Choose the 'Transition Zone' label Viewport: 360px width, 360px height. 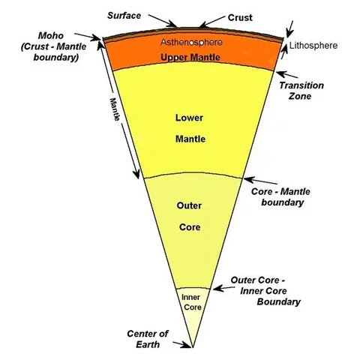301,91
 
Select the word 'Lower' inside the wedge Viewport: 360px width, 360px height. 190,118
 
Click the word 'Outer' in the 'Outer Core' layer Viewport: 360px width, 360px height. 190,204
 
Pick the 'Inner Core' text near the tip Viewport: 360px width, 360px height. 193,302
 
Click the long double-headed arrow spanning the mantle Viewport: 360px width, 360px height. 122,121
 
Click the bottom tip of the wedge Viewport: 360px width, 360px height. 193,349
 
